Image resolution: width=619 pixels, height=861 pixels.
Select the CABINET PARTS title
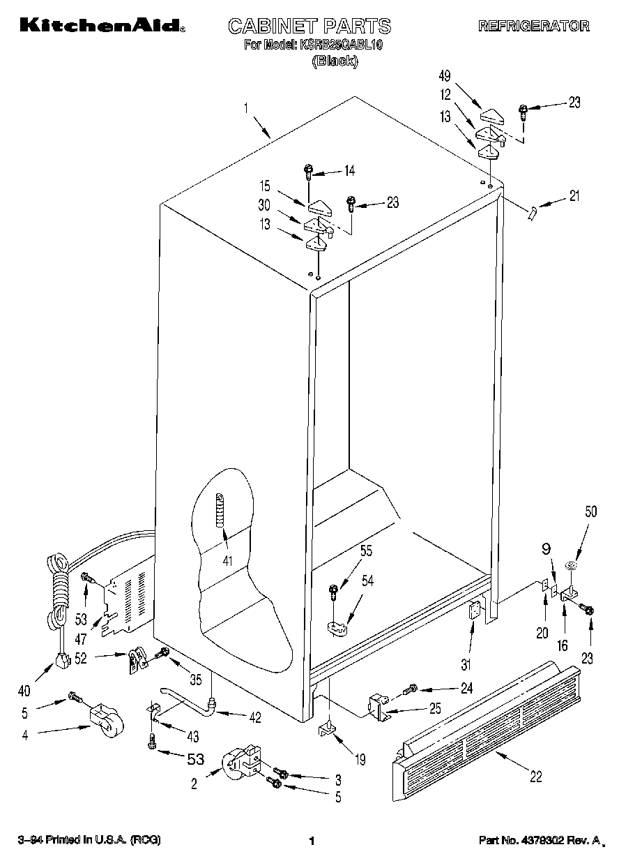coord(309,27)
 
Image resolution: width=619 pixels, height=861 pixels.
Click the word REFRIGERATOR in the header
coord(533,27)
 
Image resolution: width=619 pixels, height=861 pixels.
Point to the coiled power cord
coord(58,586)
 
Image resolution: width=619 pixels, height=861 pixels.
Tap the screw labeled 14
coord(308,170)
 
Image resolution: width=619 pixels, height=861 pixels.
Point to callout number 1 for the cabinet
coord(246,108)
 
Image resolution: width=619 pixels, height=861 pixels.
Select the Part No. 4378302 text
coord(537,841)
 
